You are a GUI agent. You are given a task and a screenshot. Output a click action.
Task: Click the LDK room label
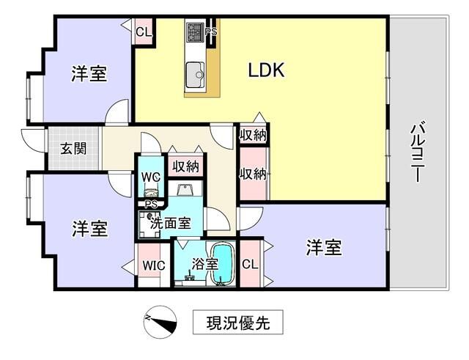tap(266, 70)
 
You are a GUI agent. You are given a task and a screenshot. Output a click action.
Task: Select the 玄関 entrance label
tap(73, 148)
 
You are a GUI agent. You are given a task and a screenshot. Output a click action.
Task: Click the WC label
tap(151, 177)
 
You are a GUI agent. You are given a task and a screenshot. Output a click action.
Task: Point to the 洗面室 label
tap(170, 223)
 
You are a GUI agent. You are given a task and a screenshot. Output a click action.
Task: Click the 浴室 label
tap(205, 264)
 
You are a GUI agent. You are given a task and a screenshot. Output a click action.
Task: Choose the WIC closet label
tap(154, 265)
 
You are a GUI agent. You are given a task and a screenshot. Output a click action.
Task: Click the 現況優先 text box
tap(237, 323)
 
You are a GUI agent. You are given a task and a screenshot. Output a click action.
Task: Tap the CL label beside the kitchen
tap(144, 32)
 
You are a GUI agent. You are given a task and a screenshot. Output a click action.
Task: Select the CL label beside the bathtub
tap(250, 264)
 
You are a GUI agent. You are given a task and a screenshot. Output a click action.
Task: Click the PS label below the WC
tap(151, 205)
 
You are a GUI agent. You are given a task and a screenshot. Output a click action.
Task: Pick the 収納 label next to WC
tap(186, 166)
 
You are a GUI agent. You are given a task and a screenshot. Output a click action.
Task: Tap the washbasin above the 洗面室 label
tap(186, 190)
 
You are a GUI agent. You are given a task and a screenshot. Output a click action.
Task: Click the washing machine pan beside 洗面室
tap(149, 224)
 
